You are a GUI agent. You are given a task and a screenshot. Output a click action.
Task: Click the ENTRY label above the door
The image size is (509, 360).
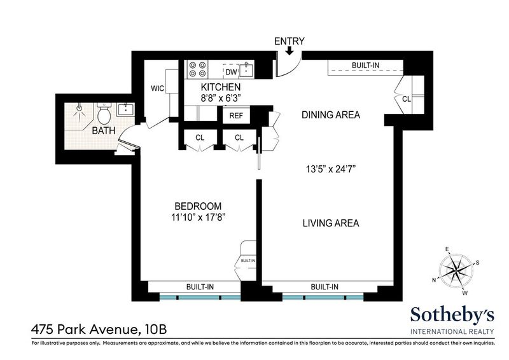point(289,41)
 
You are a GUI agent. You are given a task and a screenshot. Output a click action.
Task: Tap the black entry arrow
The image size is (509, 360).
point(289,51)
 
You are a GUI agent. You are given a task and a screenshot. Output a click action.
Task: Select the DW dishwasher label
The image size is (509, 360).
point(232,72)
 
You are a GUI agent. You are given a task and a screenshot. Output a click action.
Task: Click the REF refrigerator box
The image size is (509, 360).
point(236,116)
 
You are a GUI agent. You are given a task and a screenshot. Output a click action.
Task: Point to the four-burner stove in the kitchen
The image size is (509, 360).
point(197,69)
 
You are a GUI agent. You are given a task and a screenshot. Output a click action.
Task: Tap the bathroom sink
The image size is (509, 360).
point(125,109)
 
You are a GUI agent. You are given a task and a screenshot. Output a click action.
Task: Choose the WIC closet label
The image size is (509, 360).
point(157,88)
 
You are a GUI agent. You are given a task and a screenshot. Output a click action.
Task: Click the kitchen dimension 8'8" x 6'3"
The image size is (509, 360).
point(220,98)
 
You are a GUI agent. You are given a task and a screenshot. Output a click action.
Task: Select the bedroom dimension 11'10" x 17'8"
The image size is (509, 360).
point(199,217)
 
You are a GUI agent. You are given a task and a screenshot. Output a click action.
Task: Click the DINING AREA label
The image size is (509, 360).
point(331,115)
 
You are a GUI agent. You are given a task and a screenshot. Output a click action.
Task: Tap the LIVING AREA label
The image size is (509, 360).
point(331,223)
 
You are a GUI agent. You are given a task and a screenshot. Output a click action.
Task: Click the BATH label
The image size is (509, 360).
point(104,130)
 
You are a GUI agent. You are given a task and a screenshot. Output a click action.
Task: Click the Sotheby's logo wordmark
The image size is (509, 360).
point(452,315)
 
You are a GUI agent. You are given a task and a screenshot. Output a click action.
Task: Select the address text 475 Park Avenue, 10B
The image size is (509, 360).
point(99,330)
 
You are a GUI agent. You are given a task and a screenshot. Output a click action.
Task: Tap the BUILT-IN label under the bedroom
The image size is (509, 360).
point(200,287)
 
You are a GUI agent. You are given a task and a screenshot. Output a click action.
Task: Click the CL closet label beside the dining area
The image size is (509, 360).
point(407,99)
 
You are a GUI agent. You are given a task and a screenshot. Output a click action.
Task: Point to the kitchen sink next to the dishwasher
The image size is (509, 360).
point(247,70)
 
